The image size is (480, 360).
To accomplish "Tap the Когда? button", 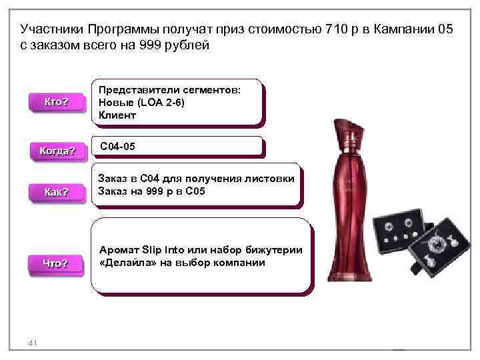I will coord(57,151).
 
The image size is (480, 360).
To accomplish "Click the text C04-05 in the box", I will coord(117,145).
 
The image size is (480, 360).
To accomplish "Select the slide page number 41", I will coord(32,343).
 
